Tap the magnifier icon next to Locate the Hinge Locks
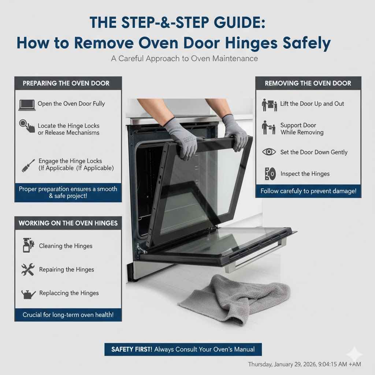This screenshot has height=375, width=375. click(27, 126)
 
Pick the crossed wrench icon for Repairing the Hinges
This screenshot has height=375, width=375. click(27, 270)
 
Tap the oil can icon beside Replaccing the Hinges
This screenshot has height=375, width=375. click(28, 293)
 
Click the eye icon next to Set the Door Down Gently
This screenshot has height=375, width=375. click(269, 152)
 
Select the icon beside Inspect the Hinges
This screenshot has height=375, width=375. click(270, 174)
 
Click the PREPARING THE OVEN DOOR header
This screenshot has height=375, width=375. click(66, 83)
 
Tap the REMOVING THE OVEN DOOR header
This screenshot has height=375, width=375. click(308, 83)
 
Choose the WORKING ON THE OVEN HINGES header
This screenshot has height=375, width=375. click(68, 223)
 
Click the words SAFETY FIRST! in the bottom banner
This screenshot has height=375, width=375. click(132, 349)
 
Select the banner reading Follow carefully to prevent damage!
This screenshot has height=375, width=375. click(308, 191)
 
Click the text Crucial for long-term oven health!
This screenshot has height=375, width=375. click(68, 315)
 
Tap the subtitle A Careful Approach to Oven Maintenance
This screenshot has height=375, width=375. click(184, 59)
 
